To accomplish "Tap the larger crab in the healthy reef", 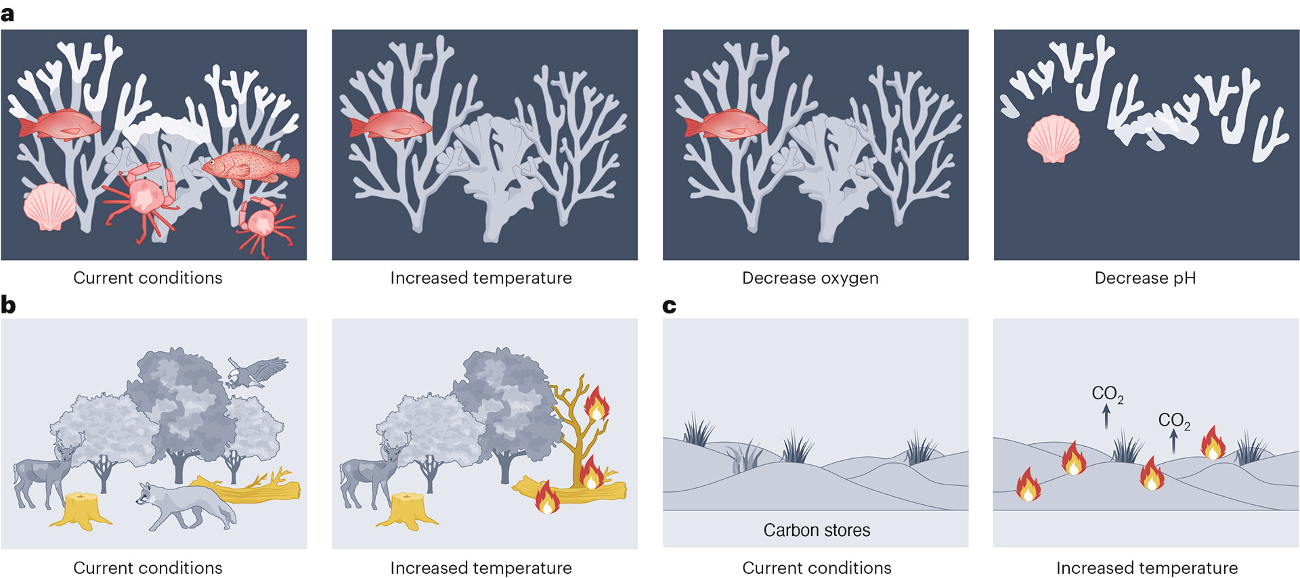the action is (x=144, y=198).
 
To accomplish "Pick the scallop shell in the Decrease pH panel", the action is (x=1053, y=139).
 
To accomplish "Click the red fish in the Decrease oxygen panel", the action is (x=725, y=125).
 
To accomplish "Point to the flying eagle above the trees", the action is (x=256, y=372).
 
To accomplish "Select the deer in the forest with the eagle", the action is (x=44, y=470).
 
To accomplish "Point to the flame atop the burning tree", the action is (x=597, y=404).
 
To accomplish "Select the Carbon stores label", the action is (x=817, y=530).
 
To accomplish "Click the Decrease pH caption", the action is (x=1145, y=278).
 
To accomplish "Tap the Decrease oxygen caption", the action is (x=810, y=278).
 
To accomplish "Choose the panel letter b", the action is (x=8, y=305).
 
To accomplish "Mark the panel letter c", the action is (x=669, y=307).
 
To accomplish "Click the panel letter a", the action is (x=7, y=14).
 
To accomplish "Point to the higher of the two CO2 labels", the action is (x=1107, y=394).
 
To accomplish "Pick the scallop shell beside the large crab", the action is (x=49, y=206).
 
